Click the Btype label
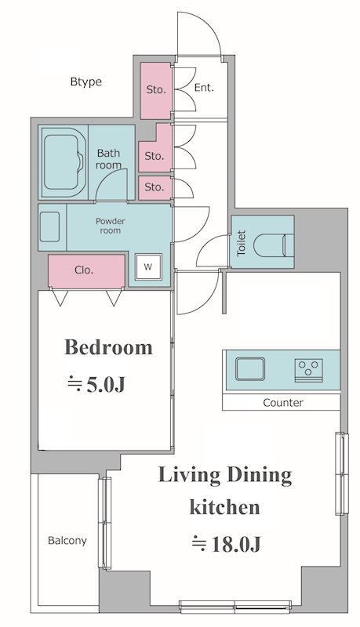click(x=86, y=82)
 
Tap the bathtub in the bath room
click(x=64, y=162)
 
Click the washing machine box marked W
click(x=148, y=266)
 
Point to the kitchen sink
click(x=250, y=368)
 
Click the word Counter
click(x=283, y=402)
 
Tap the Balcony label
click(x=67, y=541)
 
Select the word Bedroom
click(x=108, y=347)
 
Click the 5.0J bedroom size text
click(x=96, y=384)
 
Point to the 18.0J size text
click(x=227, y=544)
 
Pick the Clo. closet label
click(x=84, y=270)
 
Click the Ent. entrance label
click(x=204, y=88)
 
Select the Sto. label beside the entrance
click(x=156, y=89)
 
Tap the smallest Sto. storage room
click(x=155, y=187)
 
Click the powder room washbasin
click(x=50, y=227)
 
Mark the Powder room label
click(x=110, y=226)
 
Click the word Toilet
click(x=242, y=243)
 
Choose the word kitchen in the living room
click(x=225, y=507)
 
